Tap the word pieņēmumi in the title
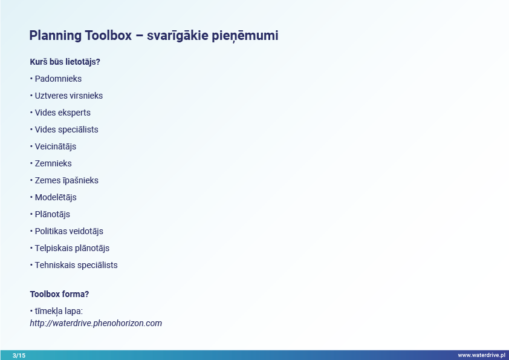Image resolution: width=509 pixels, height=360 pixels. (245, 36)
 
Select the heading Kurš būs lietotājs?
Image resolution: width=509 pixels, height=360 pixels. (65, 62)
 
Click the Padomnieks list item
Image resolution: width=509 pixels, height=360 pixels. (58, 79)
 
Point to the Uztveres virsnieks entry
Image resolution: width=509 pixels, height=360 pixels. (69, 96)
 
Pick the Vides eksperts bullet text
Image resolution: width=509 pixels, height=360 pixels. (63, 113)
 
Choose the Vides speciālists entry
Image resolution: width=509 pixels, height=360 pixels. (66, 129)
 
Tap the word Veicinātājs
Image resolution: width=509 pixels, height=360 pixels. (56, 146)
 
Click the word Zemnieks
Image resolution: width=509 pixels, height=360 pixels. (53, 163)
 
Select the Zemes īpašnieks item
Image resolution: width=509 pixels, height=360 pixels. (66, 180)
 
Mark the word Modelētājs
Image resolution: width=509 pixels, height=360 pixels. (56, 197)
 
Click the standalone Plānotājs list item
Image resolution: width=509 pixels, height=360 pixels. (52, 214)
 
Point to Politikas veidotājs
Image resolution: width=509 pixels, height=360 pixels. (69, 231)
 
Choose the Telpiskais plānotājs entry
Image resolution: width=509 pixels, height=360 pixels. (72, 248)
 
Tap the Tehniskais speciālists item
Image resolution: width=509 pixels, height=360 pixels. (76, 265)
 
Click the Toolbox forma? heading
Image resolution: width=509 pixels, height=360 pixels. (59, 294)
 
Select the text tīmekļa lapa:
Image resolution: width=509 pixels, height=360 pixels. (59, 311)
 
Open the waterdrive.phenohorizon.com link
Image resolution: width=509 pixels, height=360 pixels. (96, 323)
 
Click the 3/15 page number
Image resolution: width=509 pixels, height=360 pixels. (19, 355)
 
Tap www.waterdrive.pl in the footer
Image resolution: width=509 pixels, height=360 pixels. (481, 355)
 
